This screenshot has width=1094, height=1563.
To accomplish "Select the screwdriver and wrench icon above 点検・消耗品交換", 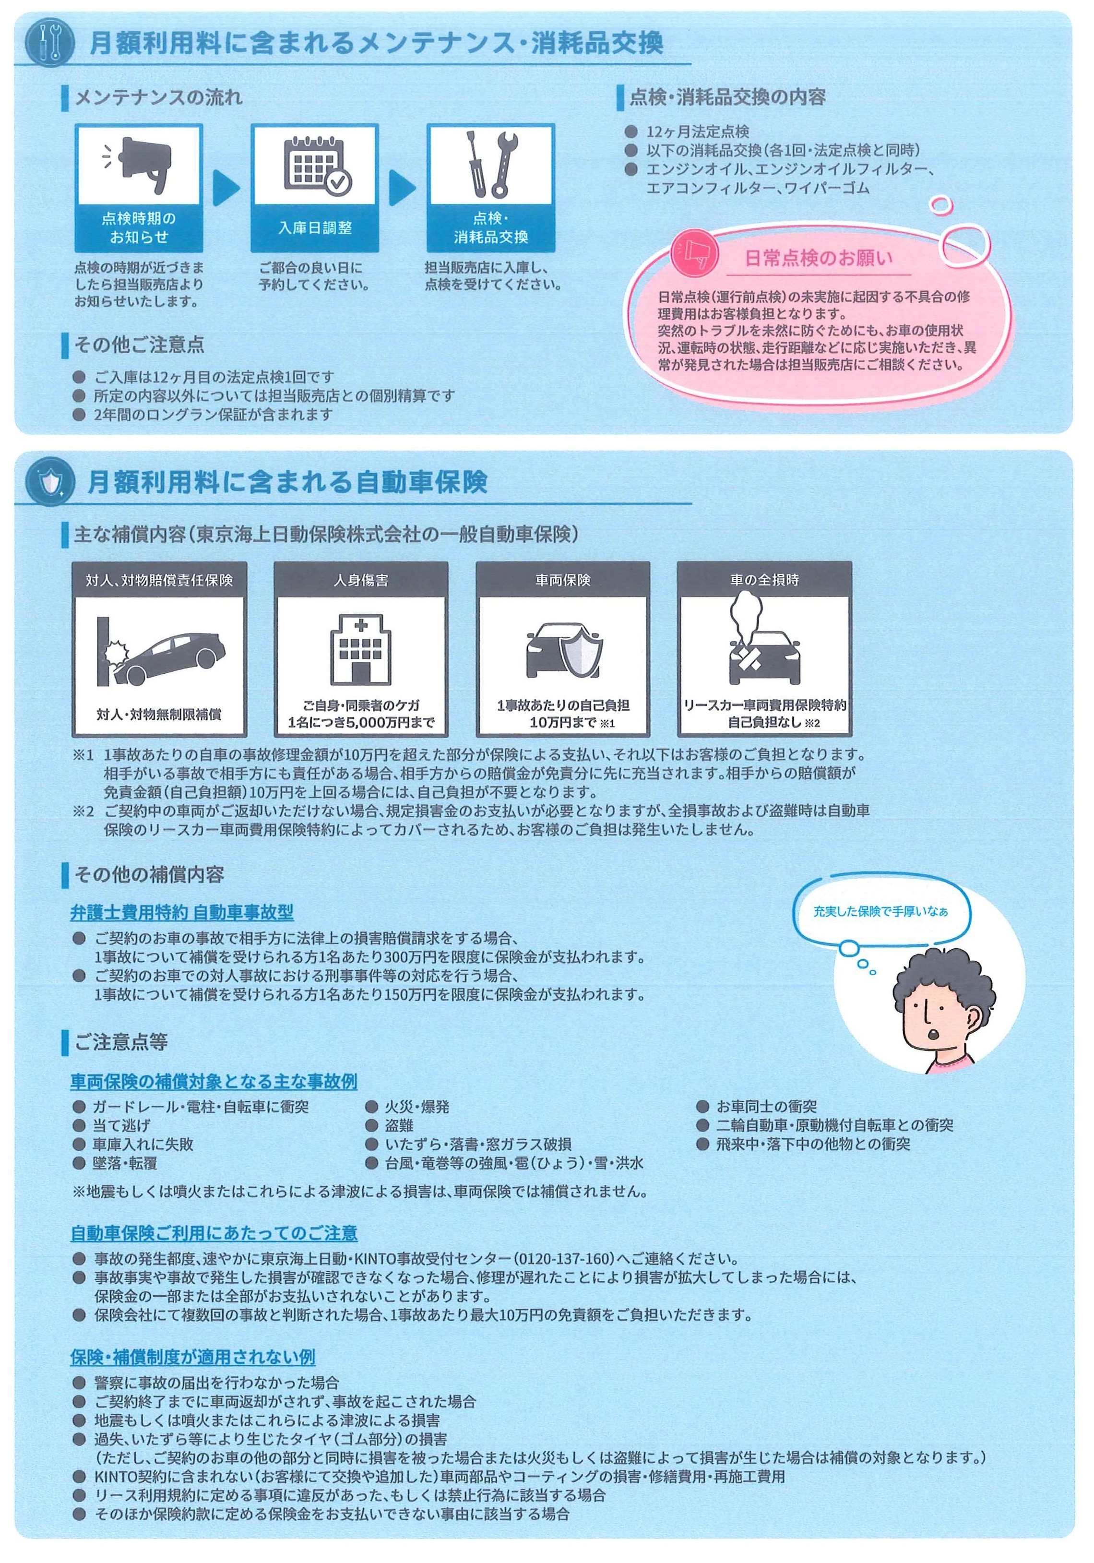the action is click(x=491, y=163).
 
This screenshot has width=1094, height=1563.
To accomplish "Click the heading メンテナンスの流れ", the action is click(x=158, y=98).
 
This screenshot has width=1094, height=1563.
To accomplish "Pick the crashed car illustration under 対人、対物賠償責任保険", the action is click(x=161, y=652).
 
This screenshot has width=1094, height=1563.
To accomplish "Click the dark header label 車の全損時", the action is click(x=764, y=580).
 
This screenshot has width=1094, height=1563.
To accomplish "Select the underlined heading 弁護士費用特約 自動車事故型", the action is click(x=182, y=912).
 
